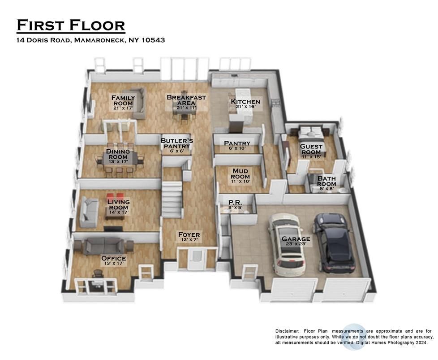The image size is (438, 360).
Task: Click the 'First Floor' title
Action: point(71,25)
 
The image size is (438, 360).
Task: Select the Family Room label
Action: point(122,100)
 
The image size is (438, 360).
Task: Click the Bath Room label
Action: point(326,182)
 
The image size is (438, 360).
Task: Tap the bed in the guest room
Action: point(309,133)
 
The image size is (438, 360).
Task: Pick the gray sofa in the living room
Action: point(88,212)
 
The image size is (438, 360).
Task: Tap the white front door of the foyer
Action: point(196,260)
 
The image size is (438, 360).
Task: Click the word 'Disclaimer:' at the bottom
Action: point(287,331)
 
